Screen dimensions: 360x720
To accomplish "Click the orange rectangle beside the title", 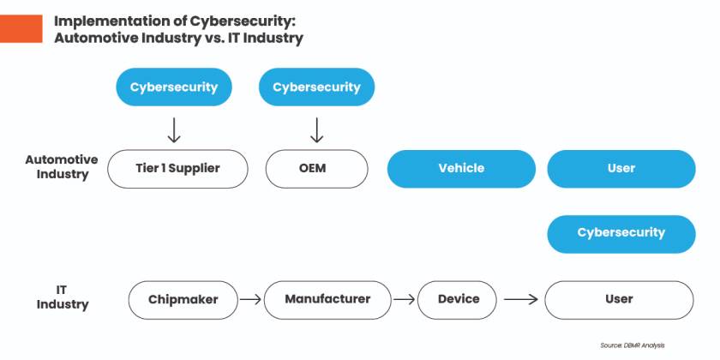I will [x=21, y=29].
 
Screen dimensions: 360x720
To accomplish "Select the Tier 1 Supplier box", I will [x=177, y=169].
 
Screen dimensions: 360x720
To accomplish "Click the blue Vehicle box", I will [x=461, y=169].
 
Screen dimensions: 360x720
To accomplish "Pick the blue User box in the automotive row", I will [x=621, y=169].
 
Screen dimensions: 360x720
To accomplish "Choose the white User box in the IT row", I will [x=619, y=299].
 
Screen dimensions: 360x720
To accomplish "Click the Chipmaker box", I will [x=183, y=300].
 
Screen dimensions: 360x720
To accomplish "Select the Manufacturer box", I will [x=327, y=299].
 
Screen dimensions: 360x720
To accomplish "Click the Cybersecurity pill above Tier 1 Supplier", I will [x=174, y=87].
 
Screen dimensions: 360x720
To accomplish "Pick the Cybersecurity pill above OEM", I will [x=316, y=87].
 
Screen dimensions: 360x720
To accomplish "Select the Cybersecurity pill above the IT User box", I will [x=621, y=233].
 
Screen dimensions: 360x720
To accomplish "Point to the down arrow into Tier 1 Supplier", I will [x=174, y=130].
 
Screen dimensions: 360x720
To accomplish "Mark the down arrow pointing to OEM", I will [x=316, y=130].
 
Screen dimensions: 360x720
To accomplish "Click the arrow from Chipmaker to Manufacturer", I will [x=249, y=300].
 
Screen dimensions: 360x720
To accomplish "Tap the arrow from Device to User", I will [x=521, y=300].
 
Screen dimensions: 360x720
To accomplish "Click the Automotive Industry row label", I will [x=62, y=167].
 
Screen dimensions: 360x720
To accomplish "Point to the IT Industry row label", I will [x=63, y=297].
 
